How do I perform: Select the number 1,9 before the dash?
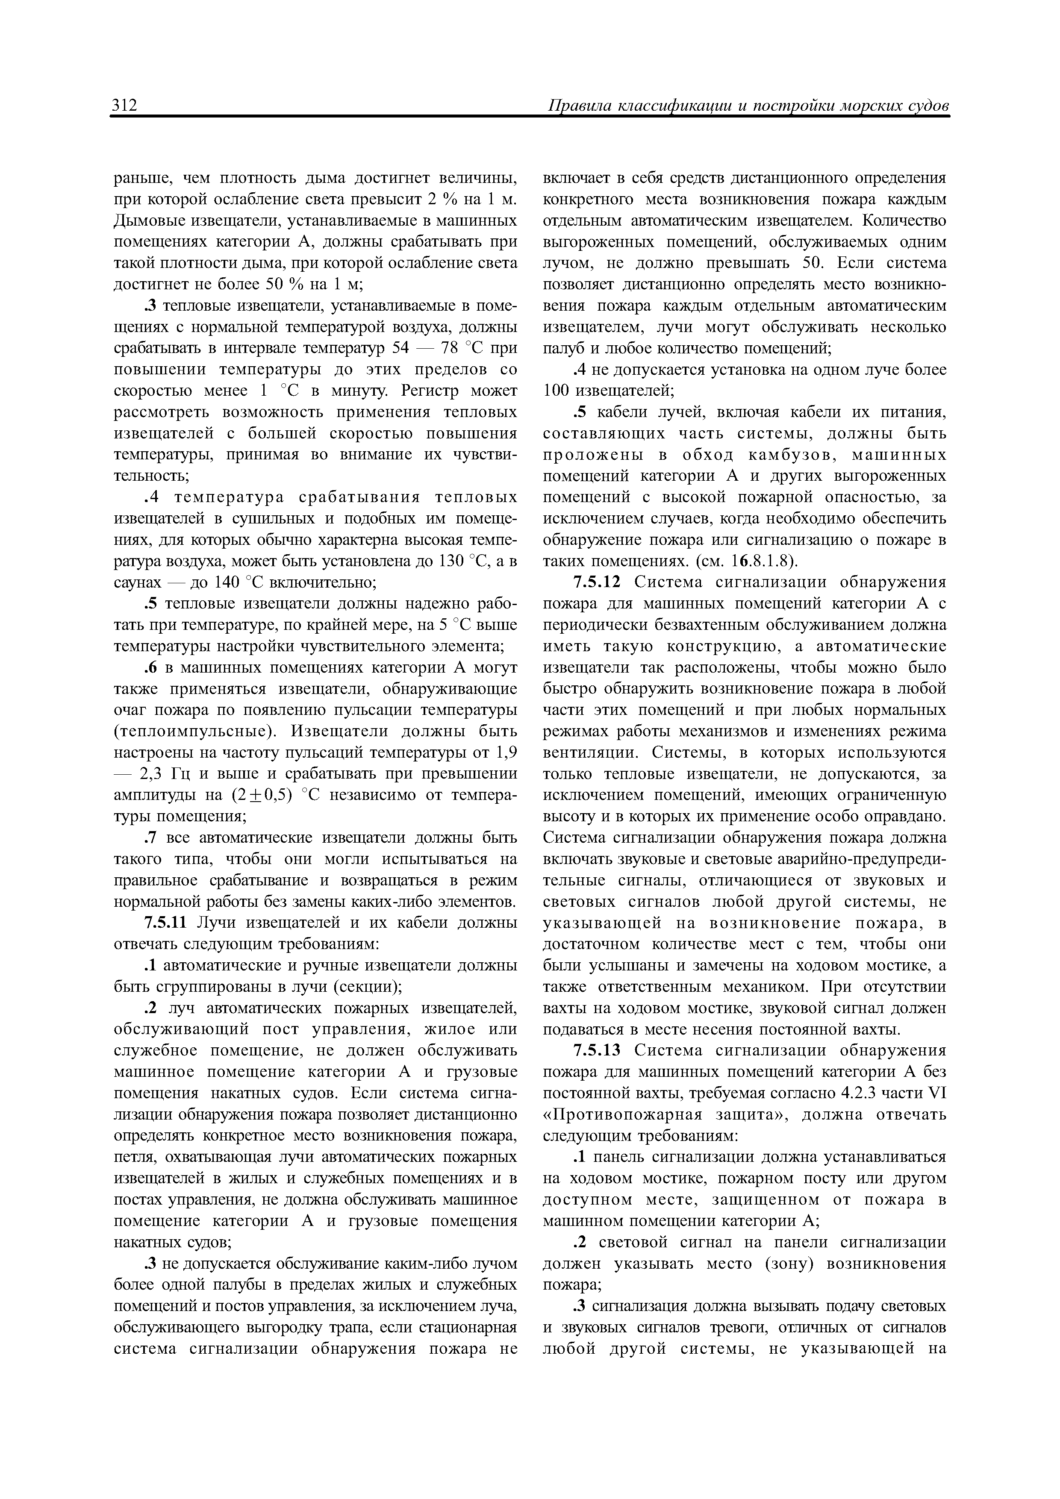click(506, 753)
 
